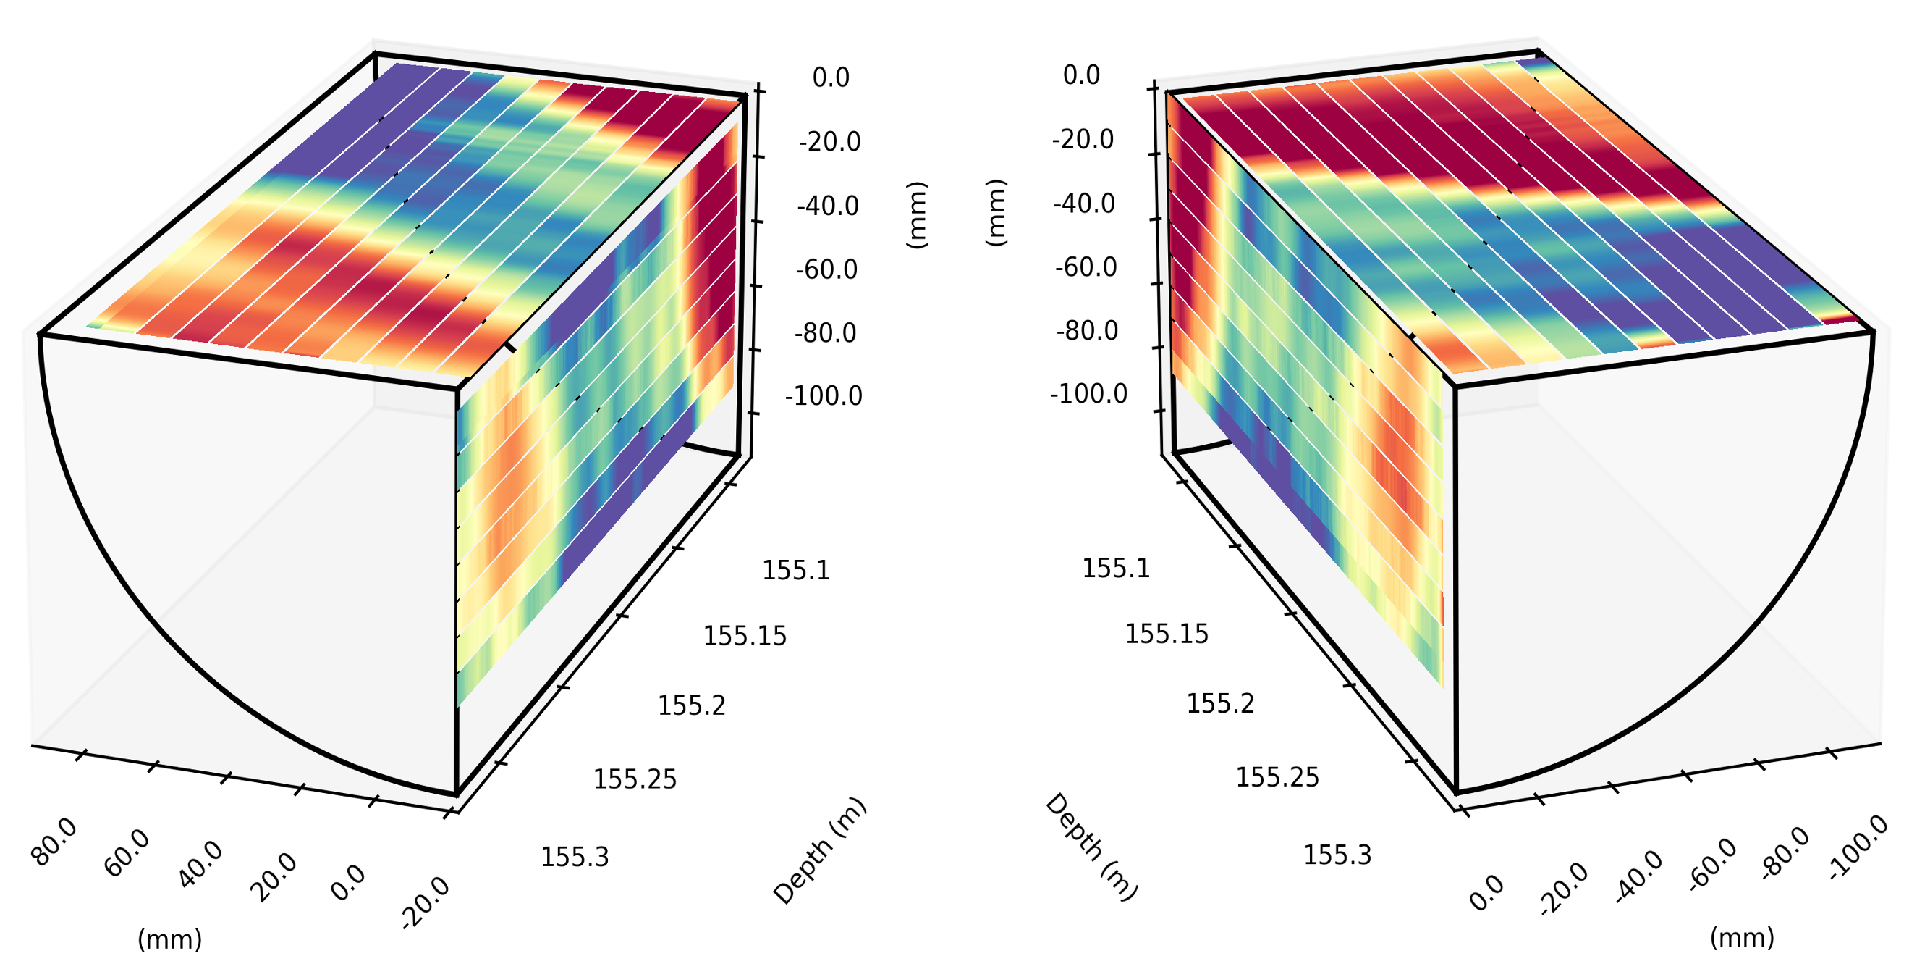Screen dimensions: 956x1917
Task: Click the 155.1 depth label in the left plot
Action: point(795,570)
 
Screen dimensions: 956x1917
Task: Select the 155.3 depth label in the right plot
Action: point(1337,855)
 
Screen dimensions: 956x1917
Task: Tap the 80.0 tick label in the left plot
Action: point(54,842)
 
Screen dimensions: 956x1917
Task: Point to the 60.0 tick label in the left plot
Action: point(127,853)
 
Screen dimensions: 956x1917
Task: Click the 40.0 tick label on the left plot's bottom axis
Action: point(200,865)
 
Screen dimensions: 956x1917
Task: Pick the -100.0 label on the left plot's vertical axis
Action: point(823,396)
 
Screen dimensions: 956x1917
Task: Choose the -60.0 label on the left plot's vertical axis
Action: point(826,269)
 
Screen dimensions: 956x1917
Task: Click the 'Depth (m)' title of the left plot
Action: point(820,850)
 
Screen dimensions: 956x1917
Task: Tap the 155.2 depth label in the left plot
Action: point(691,705)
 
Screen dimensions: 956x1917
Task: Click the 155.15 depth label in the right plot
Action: point(1166,634)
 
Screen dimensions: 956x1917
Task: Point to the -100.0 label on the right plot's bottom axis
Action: point(1858,848)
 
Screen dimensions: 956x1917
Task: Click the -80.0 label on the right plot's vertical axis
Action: point(1086,330)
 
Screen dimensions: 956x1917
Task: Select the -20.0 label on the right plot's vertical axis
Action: point(1083,139)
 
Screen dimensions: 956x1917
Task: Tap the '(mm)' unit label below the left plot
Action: point(169,939)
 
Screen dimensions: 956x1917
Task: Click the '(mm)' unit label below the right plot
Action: point(1741,936)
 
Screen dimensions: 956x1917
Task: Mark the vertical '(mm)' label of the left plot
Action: point(917,214)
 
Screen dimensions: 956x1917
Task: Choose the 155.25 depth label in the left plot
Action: point(635,779)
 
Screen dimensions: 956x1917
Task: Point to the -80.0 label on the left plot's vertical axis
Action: point(825,333)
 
